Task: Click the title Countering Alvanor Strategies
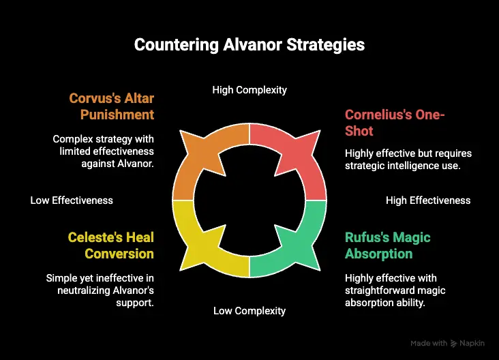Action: pyautogui.click(x=249, y=45)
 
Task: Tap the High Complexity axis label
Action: pyautogui.click(x=249, y=90)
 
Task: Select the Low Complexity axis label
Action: pyautogui.click(x=249, y=311)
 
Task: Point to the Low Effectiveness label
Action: pyautogui.click(x=72, y=200)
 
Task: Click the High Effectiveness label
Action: pyautogui.click(x=428, y=200)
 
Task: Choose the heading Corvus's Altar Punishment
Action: pyautogui.click(x=112, y=106)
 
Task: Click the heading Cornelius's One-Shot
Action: pyautogui.click(x=395, y=123)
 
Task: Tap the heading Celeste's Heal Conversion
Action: pyautogui.click(x=111, y=245)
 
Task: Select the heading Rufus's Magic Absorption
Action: pyautogui.click(x=388, y=245)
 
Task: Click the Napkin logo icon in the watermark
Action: pyautogui.click(x=454, y=344)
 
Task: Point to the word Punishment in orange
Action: pyautogui.click(x=117, y=115)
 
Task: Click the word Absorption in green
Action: pyautogui.click(x=379, y=254)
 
